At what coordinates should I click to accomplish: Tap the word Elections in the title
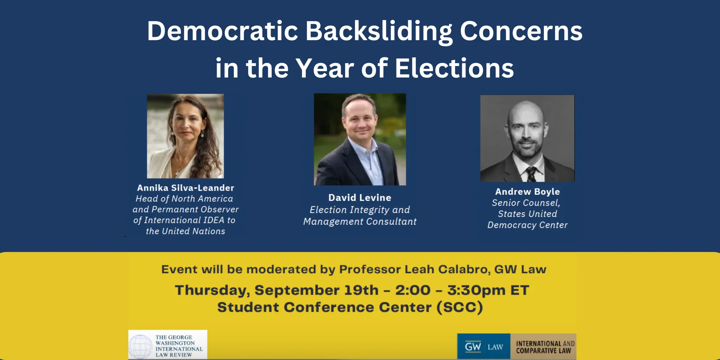point(454,68)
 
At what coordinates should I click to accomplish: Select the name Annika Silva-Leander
point(186,188)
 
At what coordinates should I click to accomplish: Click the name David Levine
point(360,198)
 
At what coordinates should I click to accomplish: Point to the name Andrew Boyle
point(527,192)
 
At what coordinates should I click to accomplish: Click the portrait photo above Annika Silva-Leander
point(185,136)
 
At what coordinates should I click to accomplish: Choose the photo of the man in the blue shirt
point(360,139)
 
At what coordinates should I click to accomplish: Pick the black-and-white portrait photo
point(527,138)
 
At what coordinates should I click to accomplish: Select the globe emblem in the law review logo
point(141,346)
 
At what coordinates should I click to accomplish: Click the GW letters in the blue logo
point(473,347)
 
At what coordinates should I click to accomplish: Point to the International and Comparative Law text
point(545,347)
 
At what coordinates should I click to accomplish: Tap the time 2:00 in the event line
point(413,290)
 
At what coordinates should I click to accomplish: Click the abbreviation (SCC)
point(460,307)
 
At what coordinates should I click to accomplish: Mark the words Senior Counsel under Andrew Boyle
point(526,203)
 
